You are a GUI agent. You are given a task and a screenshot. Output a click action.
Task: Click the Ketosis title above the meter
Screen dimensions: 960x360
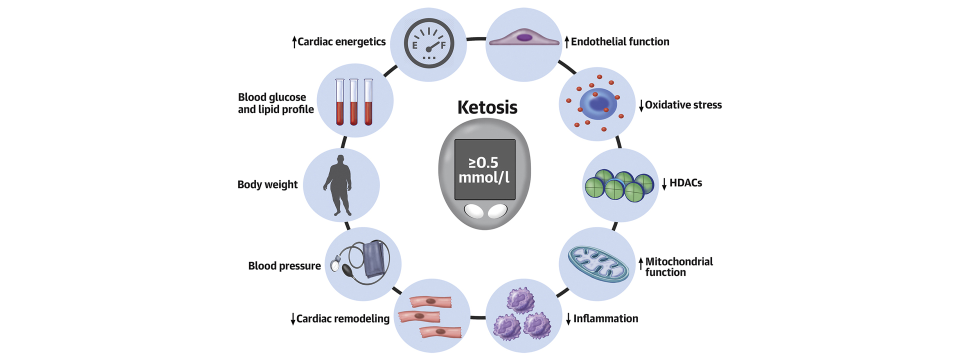[487, 107]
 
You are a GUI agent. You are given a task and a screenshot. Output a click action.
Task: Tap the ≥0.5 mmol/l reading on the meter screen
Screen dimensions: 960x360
[483, 170]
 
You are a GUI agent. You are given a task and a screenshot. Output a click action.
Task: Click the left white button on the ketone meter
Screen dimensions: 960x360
[474, 211]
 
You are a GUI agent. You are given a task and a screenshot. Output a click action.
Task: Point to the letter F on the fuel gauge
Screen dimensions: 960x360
[442, 45]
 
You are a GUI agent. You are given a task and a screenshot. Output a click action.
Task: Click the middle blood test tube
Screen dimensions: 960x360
[354, 102]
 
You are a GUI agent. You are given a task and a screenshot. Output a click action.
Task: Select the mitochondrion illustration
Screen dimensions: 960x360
[598, 264]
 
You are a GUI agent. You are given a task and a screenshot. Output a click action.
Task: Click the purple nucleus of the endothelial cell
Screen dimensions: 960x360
[524, 37]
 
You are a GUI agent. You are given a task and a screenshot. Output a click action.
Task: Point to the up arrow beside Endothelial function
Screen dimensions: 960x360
[566, 42]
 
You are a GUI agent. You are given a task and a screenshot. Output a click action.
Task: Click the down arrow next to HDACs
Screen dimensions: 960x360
[664, 184]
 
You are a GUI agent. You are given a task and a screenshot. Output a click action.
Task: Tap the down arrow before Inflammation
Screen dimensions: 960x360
[568, 319]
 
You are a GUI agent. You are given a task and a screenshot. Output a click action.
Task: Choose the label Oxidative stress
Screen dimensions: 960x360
[683, 105]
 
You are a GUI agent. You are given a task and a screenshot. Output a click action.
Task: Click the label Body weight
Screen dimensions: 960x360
[267, 184]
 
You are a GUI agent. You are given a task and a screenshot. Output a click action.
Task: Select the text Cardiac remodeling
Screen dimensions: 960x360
[343, 318]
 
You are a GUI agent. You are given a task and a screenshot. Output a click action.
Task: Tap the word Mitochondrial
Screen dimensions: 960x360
[679, 261]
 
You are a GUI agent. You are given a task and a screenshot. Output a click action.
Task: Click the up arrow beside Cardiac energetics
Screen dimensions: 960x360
[294, 42]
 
